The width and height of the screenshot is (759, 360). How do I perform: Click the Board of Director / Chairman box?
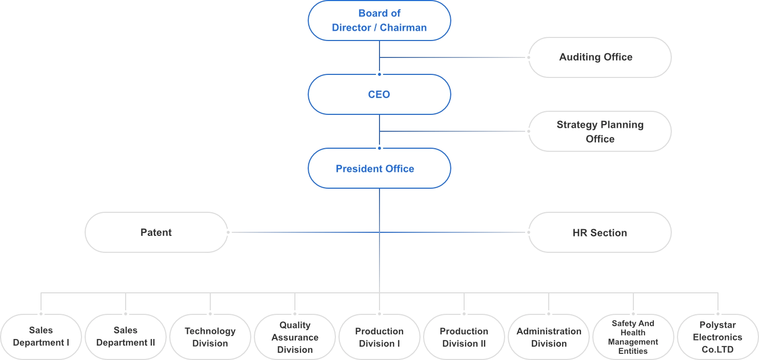(379, 21)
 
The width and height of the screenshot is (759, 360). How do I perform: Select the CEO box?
(379, 94)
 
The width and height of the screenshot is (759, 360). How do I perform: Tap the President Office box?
(379, 168)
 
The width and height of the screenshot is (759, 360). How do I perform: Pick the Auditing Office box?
(600, 57)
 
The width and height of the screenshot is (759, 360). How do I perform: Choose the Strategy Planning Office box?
(600, 131)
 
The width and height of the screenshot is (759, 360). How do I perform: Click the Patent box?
(156, 232)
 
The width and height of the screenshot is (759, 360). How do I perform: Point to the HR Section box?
(600, 233)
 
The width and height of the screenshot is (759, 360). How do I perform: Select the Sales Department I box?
(41, 336)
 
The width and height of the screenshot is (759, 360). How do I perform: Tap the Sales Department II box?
(126, 336)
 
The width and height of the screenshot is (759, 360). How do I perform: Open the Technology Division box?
(210, 337)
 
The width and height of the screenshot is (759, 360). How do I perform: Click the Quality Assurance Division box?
(295, 337)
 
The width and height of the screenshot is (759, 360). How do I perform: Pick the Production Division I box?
(379, 337)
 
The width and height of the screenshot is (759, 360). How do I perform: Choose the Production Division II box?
(464, 337)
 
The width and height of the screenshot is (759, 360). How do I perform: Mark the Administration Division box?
(549, 337)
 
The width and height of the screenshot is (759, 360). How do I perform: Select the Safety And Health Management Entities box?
(633, 337)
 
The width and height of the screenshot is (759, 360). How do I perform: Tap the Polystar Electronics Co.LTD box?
(717, 337)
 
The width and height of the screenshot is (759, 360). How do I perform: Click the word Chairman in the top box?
(403, 28)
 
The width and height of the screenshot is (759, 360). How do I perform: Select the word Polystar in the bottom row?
(717, 325)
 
